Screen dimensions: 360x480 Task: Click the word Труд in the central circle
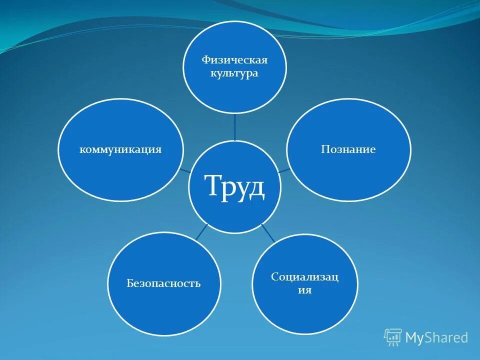234,186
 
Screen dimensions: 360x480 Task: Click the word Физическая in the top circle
234,60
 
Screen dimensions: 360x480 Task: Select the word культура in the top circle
234,73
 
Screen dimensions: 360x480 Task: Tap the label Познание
348,149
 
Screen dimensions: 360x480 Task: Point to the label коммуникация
120,149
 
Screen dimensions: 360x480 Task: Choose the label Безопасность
163,283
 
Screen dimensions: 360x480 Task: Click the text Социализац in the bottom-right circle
304,277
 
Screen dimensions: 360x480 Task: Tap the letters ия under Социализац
304,290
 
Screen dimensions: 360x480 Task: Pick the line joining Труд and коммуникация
185,170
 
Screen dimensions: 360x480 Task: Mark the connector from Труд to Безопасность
201,231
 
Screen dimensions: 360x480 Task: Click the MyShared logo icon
393,337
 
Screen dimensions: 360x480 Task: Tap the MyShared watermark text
436,337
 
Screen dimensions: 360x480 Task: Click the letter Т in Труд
212,186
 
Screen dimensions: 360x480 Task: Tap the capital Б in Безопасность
129,283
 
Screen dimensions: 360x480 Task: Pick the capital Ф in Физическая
205,60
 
